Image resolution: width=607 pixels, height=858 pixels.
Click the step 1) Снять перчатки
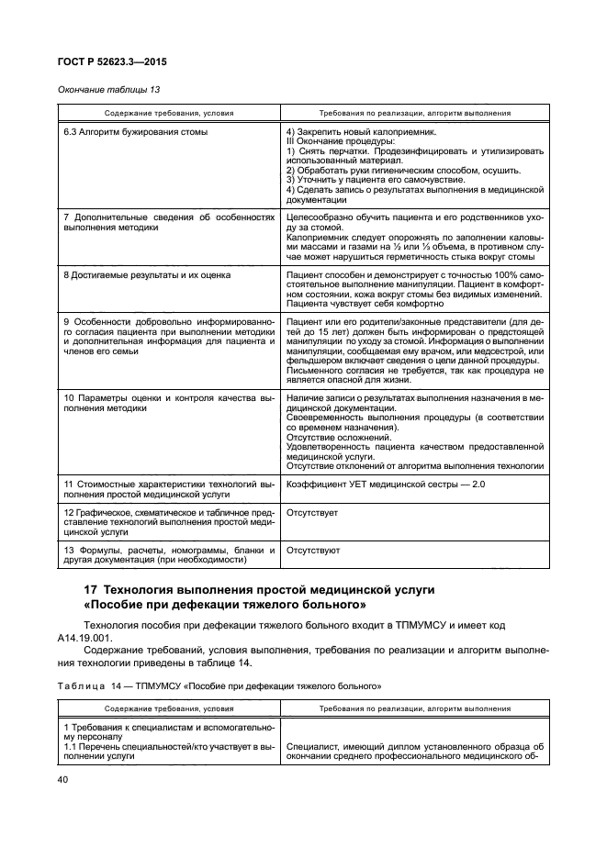pyautogui.click(x=332, y=150)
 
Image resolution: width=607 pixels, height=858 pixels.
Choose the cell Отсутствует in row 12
pyautogui.click(x=314, y=511)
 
